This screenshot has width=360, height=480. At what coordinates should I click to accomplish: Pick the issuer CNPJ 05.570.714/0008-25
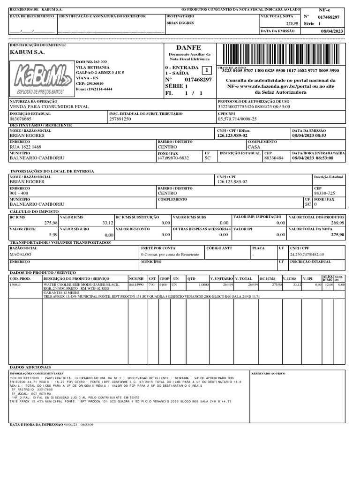pos(237,119)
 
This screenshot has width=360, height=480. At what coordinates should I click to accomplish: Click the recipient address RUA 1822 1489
pos(26,147)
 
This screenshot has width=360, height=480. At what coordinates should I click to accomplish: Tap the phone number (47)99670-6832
pos(173,158)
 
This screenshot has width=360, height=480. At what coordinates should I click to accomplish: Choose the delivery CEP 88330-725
pos(324,193)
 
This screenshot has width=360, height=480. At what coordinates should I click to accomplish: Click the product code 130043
pos(16,285)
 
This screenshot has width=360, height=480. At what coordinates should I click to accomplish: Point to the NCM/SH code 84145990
pos(136,285)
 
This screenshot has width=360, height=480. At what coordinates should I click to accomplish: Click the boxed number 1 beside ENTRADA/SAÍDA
pos(205,70)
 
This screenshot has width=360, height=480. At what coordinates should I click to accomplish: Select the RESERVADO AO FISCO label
pos(268,373)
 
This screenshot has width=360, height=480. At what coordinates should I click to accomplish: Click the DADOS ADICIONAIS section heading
pos(30,366)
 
